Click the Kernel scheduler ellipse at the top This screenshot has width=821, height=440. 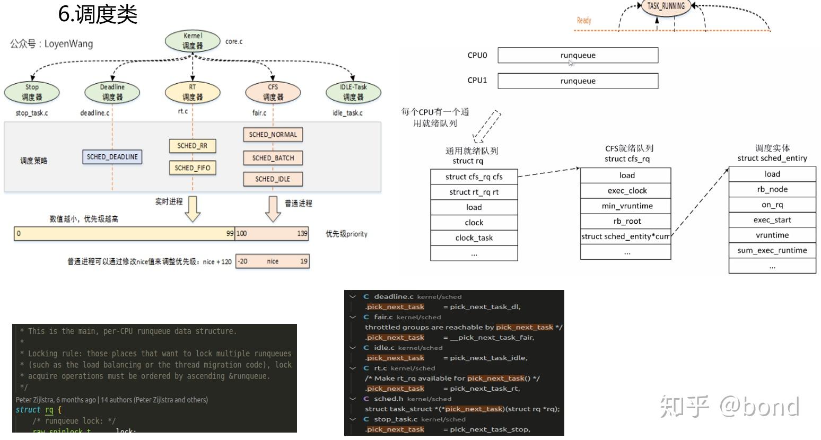tap(193, 41)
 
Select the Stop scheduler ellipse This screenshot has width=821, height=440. tap(32, 92)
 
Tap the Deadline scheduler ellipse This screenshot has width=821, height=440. tap(112, 92)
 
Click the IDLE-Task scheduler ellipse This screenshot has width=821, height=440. tap(353, 92)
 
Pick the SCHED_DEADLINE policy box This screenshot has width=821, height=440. tap(112, 157)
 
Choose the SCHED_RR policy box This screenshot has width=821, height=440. tap(193, 146)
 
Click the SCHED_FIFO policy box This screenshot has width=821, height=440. tap(193, 168)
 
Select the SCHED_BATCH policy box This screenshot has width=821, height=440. tap(273, 158)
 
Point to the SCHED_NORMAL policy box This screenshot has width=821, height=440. tap(273, 135)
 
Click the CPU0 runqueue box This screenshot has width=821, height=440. tap(578, 55)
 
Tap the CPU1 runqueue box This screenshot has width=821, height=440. tap(578, 81)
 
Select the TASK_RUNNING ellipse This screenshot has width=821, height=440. tap(666, 6)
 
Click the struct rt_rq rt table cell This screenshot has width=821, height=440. tap(474, 192)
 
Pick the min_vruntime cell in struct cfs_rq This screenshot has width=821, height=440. tap(626, 206)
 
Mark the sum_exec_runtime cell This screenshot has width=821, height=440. tap(772, 250)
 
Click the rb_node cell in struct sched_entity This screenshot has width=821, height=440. tap(772, 189)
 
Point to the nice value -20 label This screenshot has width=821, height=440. tap(242, 261)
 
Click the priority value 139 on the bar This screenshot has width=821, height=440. tap(302, 233)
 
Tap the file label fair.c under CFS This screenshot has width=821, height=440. tap(259, 113)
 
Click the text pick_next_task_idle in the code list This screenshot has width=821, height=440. tap(488, 358)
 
